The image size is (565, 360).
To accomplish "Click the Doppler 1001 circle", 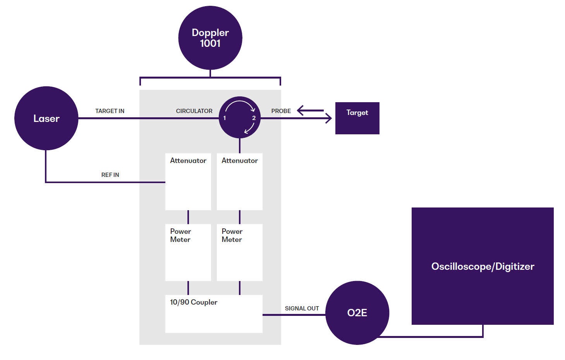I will (x=210, y=38).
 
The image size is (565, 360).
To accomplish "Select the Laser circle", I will (x=46, y=118).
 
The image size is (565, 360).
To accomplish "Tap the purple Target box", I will (x=357, y=118).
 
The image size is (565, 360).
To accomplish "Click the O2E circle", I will (x=357, y=313).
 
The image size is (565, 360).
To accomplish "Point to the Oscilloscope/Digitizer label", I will (x=483, y=266).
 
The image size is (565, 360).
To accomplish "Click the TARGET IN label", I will (x=110, y=111).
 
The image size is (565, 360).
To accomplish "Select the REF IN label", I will (x=110, y=175).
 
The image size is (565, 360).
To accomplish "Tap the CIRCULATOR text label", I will (x=194, y=111).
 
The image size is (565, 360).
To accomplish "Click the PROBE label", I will (x=281, y=111).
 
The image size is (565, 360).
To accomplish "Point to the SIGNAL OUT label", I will (x=302, y=309).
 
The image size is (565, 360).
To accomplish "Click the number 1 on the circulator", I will (x=225, y=118).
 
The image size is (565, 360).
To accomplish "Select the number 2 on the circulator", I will (x=254, y=118).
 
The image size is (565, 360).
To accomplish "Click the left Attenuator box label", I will (x=188, y=161).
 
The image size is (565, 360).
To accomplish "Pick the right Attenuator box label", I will (x=240, y=161).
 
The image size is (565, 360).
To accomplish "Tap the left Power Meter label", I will (x=180, y=235).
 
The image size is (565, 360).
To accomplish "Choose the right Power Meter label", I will (x=232, y=235).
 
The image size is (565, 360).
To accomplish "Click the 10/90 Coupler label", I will (x=194, y=302).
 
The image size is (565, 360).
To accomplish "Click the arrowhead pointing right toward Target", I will (x=329, y=118).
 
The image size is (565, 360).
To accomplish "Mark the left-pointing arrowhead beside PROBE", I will (x=300, y=111).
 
